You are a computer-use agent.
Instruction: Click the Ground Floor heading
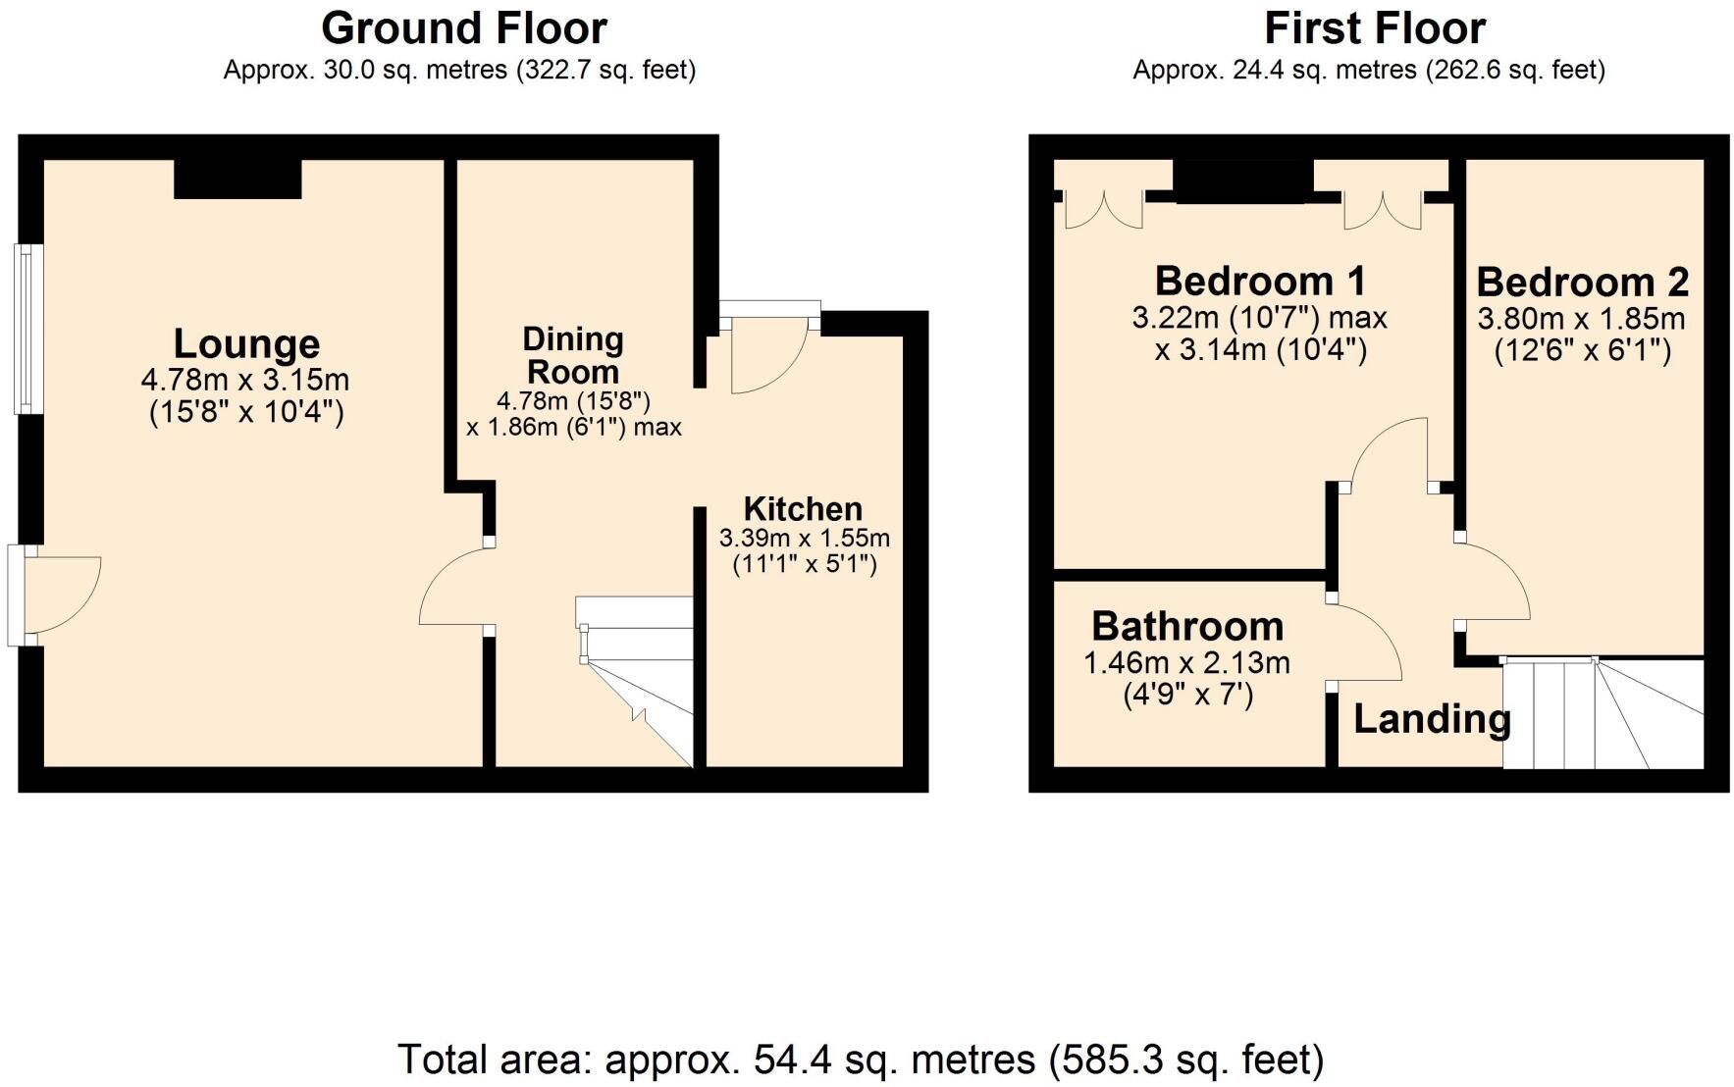click(x=463, y=28)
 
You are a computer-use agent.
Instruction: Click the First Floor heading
click(x=1374, y=28)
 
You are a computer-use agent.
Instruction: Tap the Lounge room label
click(x=246, y=343)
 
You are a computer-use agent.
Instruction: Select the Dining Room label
click(x=573, y=355)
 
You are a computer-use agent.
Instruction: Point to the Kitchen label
click(x=803, y=509)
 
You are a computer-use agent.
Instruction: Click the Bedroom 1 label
click(x=1260, y=282)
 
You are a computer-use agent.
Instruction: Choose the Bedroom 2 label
click(x=1582, y=283)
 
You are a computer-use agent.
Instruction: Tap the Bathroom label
click(x=1187, y=626)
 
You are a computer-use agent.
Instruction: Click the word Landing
click(x=1431, y=719)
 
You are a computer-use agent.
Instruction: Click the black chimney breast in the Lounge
click(x=237, y=180)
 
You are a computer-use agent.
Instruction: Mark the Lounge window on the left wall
click(x=23, y=329)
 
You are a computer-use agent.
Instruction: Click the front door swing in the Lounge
click(x=59, y=595)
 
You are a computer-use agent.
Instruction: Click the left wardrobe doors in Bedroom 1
click(x=1103, y=209)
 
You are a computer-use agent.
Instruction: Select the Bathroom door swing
click(x=1364, y=643)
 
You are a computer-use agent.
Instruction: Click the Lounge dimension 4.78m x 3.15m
click(x=245, y=380)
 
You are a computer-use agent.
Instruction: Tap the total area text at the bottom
click(x=861, y=1060)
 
